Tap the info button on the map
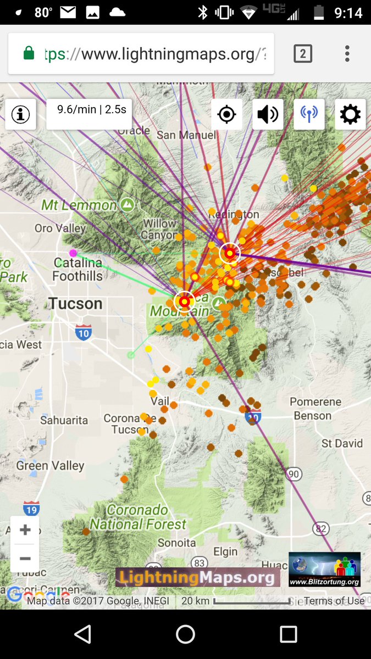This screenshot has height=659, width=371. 21,114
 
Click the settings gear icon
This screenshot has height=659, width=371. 350,114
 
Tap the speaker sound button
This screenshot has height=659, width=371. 268,114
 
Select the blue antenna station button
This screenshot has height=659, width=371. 309,114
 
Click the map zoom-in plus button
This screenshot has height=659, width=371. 25,530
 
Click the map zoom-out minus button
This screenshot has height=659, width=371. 25,559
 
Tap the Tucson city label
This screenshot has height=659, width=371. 75,304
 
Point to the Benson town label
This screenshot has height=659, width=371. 312,416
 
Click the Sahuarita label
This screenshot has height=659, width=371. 64,420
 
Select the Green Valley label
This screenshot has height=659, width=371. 51,466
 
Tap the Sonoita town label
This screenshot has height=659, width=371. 176,543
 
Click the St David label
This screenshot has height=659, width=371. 342,443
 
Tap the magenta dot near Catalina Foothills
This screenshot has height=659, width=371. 73,253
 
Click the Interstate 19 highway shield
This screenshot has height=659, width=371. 31,509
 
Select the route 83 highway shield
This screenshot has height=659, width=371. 199,563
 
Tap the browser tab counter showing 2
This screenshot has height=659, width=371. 303,53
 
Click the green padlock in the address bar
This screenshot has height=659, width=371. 29,53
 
